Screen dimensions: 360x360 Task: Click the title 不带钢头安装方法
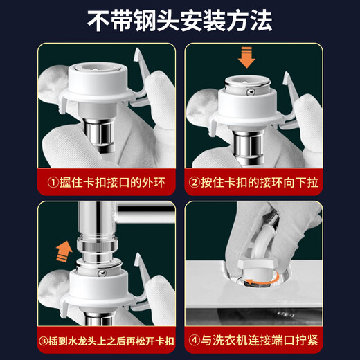179,21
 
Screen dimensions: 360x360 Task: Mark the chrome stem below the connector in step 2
247,142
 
